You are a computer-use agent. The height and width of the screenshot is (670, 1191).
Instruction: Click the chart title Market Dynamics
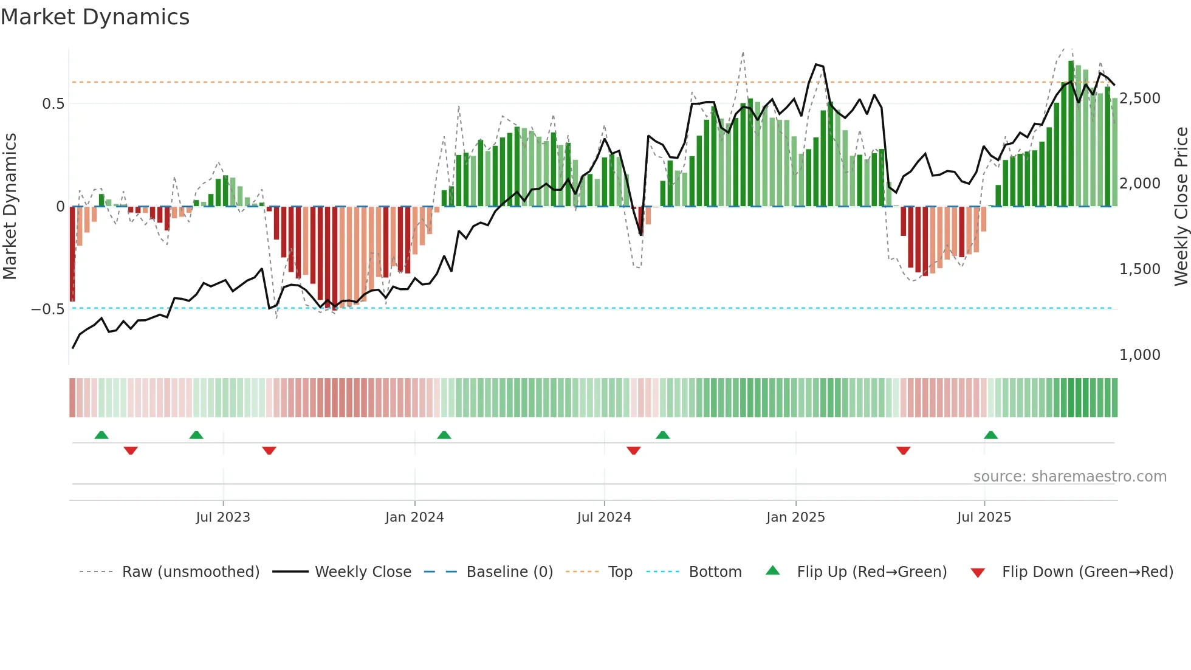pos(95,17)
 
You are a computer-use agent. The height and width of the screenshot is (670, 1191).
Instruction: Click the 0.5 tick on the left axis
pos(53,104)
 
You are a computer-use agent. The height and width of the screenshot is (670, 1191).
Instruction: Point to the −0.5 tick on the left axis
pos(48,309)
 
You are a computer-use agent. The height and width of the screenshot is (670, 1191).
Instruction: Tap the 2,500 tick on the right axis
pos(1139,98)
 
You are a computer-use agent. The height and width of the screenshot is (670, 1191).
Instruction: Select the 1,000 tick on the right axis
pos(1139,355)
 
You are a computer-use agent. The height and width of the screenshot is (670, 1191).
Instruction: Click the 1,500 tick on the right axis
pos(1139,269)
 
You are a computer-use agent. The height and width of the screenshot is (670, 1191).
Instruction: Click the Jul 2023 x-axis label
pos(223,517)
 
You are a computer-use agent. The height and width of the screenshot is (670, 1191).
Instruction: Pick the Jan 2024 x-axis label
pos(414,517)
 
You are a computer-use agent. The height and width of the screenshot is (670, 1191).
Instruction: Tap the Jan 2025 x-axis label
pos(795,517)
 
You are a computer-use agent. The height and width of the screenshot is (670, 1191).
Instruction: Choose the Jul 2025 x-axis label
pos(984,517)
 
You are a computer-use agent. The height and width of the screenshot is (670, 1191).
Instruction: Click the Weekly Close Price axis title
pos(1181,207)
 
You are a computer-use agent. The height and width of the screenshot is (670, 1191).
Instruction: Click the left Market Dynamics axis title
pos(10,207)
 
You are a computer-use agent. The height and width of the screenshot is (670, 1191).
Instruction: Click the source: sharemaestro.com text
pos(1069,477)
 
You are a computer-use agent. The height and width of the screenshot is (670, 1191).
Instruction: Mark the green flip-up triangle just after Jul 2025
pos(990,435)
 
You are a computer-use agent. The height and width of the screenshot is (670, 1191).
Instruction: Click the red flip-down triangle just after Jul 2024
pos(633,451)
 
